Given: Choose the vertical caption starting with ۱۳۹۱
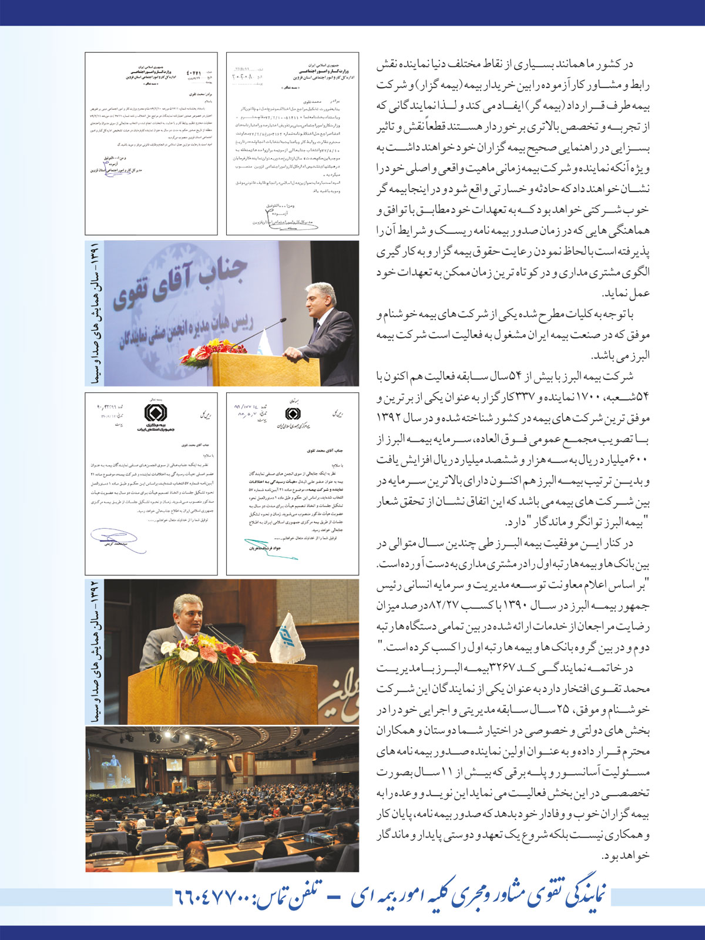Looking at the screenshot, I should coord(94,313).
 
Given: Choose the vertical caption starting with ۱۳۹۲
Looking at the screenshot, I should coord(94,651).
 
